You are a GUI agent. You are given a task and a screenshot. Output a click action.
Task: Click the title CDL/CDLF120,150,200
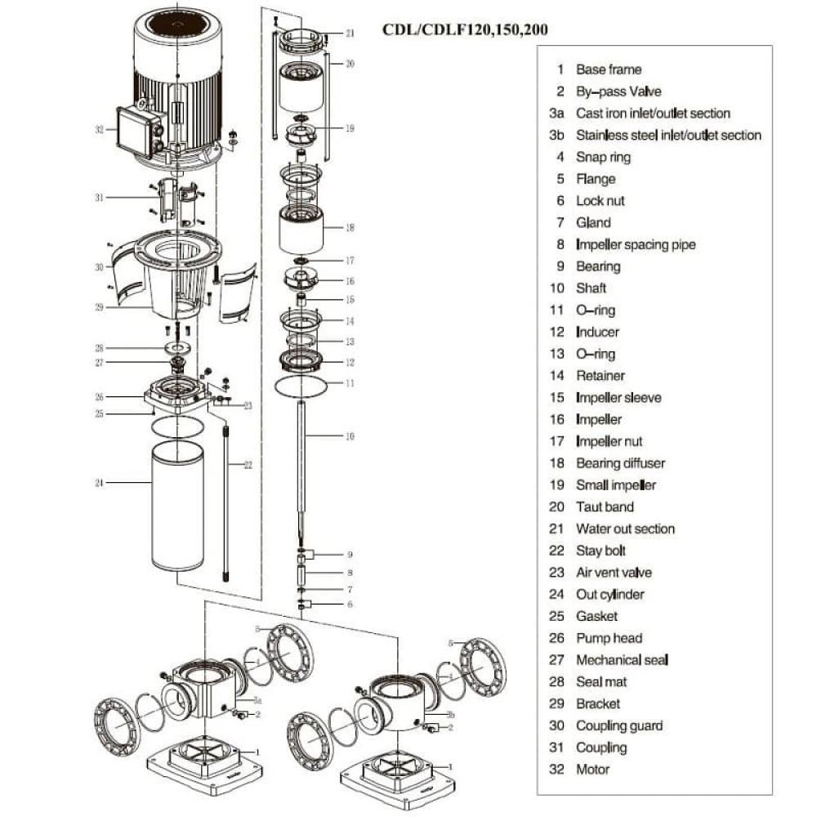coord(465,30)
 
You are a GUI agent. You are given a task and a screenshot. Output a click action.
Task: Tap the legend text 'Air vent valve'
coord(614,573)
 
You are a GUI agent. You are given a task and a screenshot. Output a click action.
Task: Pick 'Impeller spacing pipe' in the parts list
coord(636,244)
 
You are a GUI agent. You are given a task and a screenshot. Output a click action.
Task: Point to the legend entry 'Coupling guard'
coord(619,725)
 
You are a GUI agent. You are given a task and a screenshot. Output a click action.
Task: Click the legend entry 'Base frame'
coord(609,69)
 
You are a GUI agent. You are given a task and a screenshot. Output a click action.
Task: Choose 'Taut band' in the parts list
coord(605,507)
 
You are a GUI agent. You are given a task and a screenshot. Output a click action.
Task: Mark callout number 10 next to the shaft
coord(350,436)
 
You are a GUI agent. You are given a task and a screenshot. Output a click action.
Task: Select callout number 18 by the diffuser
coord(350,227)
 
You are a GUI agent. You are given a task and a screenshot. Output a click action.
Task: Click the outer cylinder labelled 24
coord(177,507)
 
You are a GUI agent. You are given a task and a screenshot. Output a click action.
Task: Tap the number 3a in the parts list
coord(558,114)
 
